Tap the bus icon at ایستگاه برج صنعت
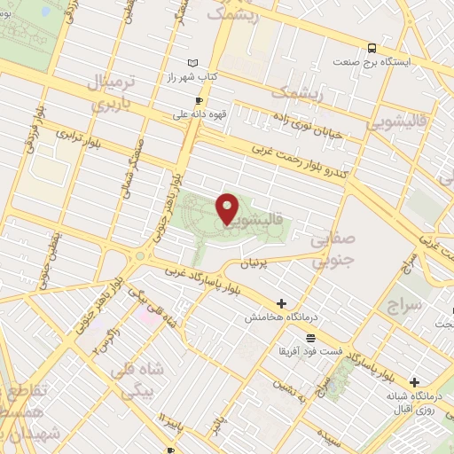pos(372,49)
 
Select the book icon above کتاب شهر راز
pos(194,63)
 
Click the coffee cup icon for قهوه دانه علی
pos(198,100)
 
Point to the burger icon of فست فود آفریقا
pos(309,337)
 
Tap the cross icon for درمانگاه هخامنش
pos(282,303)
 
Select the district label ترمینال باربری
pos(108,92)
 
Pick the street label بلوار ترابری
pos(81,142)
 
